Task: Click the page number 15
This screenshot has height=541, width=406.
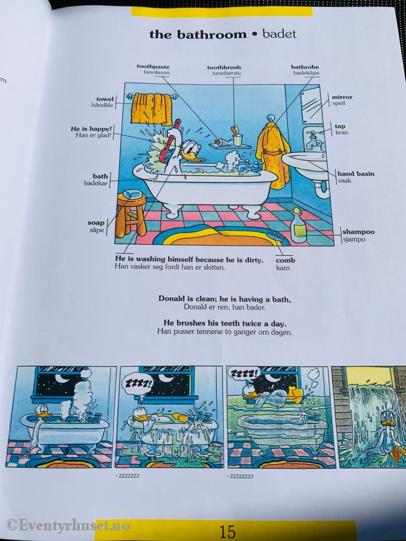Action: tap(227, 530)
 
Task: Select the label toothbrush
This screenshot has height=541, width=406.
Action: tap(224, 68)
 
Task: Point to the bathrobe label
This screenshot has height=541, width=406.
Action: tap(305, 67)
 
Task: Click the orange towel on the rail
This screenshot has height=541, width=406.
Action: tap(152, 109)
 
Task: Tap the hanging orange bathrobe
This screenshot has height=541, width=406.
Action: tap(273, 153)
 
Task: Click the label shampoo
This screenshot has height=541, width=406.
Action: tap(358, 231)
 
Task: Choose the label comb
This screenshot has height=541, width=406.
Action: tap(285, 260)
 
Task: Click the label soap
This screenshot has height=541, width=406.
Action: tap(96, 223)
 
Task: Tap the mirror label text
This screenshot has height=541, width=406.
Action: tap(342, 97)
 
